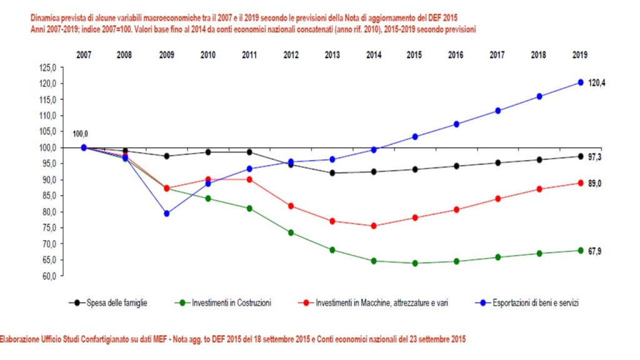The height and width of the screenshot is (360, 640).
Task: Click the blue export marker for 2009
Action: point(166,214)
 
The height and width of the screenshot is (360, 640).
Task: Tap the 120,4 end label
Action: point(597,82)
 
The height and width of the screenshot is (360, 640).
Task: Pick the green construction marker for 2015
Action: point(414,263)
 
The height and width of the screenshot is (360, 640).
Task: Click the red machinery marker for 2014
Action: point(373,226)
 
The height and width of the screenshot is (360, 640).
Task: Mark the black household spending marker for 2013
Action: point(332,173)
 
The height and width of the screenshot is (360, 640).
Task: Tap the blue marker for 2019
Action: point(580,82)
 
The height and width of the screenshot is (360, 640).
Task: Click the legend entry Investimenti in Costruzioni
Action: point(228,303)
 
